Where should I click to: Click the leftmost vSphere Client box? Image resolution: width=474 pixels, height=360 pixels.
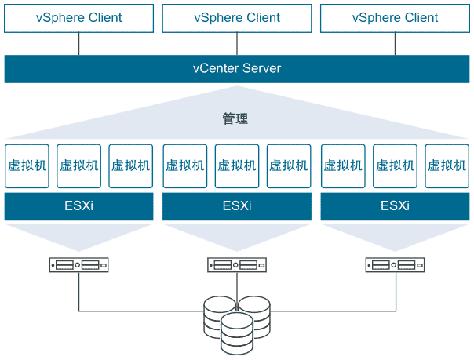click(78, 18)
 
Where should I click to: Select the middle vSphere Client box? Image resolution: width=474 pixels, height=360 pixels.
click(236, 18)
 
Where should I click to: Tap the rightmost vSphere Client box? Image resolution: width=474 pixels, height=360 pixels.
click(395, 18)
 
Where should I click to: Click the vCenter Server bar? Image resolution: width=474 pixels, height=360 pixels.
click(236, 68)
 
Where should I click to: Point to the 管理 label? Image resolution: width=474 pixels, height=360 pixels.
click(235, 119)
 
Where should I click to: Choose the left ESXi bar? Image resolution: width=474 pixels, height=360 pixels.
click(78, 207)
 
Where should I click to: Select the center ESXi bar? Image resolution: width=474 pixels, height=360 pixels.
click(236, 207)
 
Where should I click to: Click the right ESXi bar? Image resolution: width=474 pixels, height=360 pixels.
click(395, 207)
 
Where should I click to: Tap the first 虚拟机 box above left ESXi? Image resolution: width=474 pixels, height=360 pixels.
click(27, 165)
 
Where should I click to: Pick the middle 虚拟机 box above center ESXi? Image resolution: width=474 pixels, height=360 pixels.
click(236, 165)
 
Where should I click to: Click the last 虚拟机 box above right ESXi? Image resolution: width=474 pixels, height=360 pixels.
click(447, 165)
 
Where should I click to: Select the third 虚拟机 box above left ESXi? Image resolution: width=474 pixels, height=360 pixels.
click(130, 165)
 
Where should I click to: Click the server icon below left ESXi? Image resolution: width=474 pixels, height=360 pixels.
click(78, 265)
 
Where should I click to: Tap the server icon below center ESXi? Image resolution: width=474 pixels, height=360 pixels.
click(236, 265)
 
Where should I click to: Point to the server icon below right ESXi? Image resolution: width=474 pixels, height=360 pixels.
click(395, 265)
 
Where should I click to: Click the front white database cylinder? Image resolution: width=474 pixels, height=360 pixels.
click(236, 333)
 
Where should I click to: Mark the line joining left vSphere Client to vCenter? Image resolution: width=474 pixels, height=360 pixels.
click(78, 44)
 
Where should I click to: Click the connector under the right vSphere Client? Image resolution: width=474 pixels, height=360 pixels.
click(395, 44)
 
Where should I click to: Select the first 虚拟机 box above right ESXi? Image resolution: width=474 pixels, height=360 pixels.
click(342, 165)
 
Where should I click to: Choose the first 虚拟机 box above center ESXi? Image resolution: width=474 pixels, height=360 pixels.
click(184, 165)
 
